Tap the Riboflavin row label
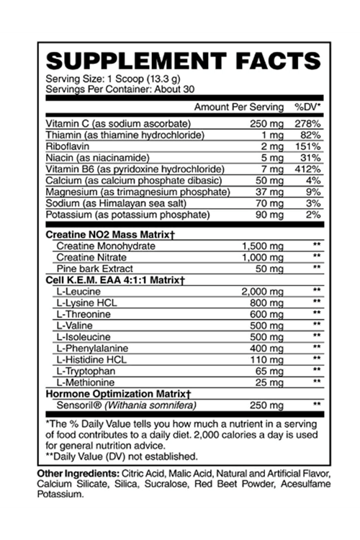tap(67, 146)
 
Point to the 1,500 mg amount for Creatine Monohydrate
tap(264, 246)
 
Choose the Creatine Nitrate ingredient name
tap(90, 257)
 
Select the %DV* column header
tap(308, 107)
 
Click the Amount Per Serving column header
tap(239, 107)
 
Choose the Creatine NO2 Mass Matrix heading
tap(110, 235)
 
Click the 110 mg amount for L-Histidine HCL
tap(267, 358)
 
